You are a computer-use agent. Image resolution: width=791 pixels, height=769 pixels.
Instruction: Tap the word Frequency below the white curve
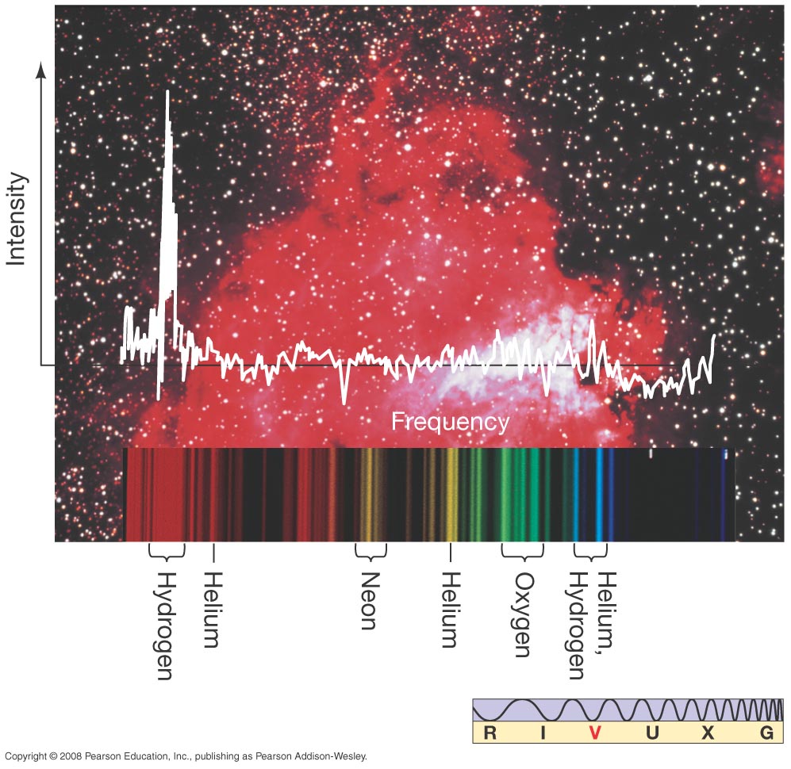coord(450,422)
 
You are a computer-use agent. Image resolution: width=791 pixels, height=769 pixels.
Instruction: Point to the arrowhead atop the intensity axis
coord(42,71)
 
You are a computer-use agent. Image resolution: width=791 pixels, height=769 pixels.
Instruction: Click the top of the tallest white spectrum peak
coord(167,93)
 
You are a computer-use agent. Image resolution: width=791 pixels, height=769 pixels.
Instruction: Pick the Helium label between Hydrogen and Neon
coord(212,609)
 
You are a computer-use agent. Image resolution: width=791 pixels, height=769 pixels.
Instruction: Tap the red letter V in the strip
coord(596,733)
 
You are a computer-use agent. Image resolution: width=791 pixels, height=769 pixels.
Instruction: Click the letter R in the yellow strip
coord(490,733)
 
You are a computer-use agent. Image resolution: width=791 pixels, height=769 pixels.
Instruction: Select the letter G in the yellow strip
coord(766,733)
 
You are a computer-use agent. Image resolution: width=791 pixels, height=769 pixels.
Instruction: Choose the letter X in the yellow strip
coord(708,733)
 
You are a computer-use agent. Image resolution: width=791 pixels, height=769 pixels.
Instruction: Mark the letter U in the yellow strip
coord(652,733)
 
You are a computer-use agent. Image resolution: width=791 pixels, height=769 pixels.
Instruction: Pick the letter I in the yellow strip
coord(543,733)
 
